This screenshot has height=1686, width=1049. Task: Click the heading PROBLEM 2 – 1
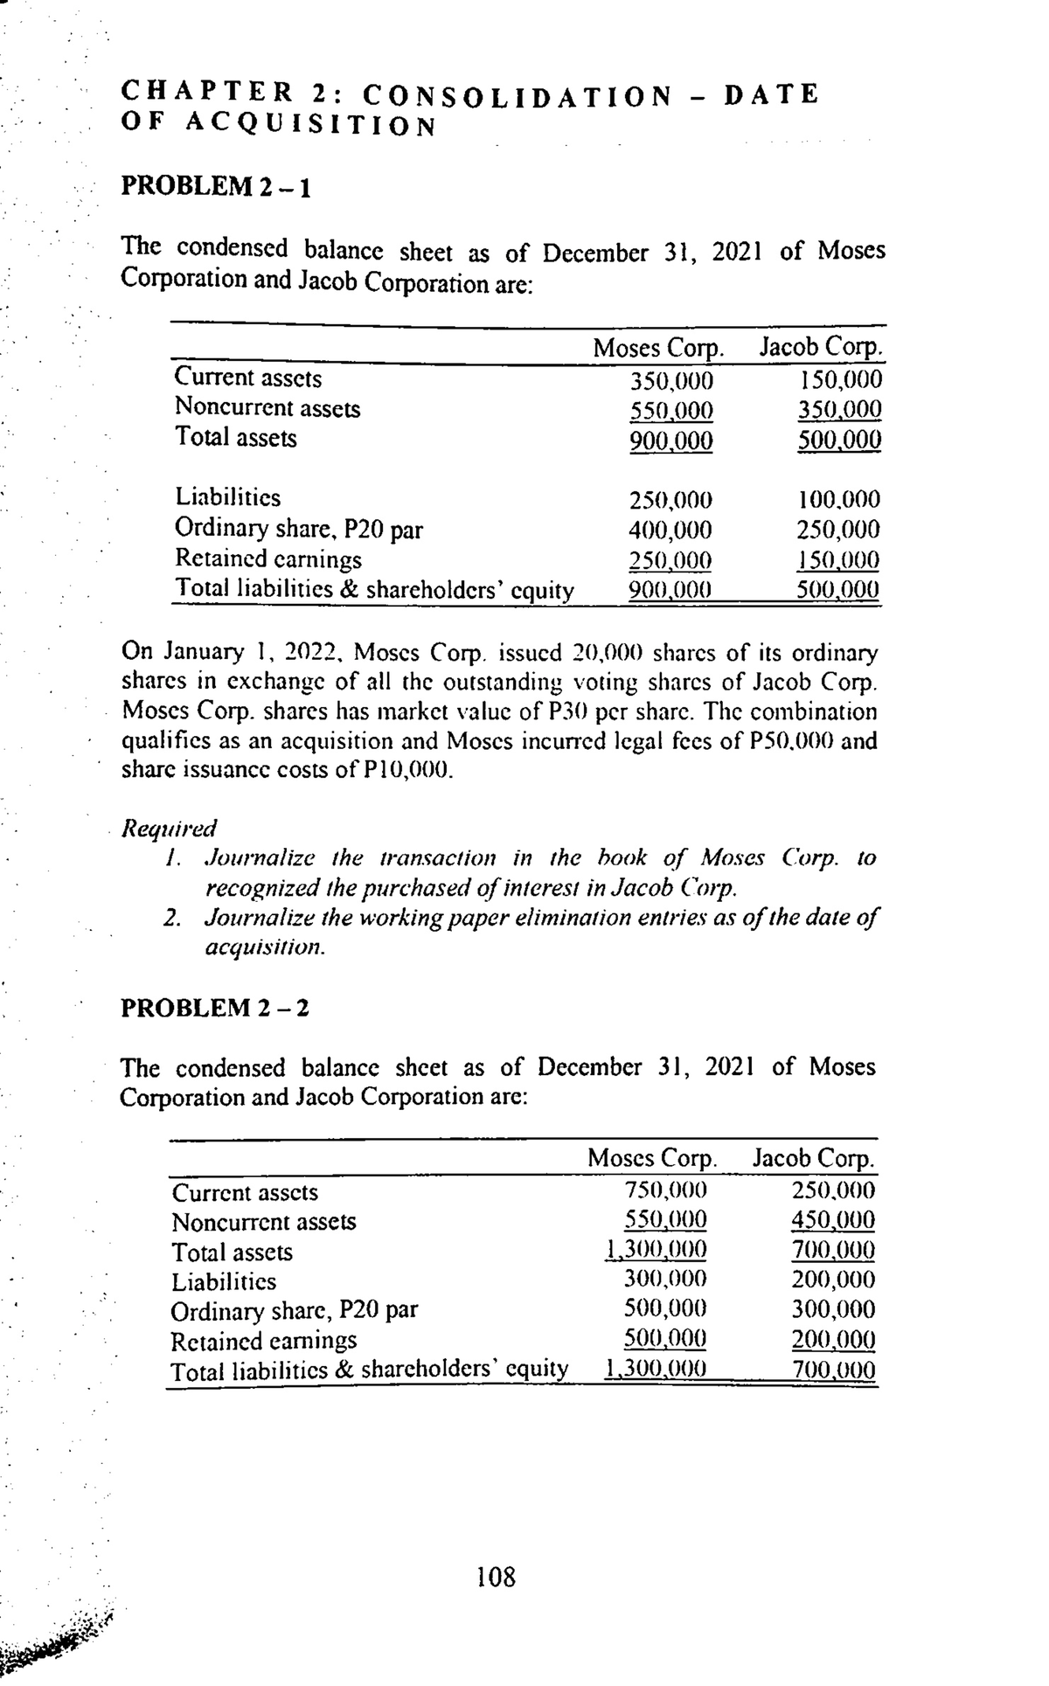[214, 187]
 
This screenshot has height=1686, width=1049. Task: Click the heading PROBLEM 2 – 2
[214, 1008]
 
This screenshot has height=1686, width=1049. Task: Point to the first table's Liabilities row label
[228, 497]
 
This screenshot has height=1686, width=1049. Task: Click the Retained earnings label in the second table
[264, 1340]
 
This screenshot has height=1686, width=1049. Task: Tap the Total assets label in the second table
[233, 1252]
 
